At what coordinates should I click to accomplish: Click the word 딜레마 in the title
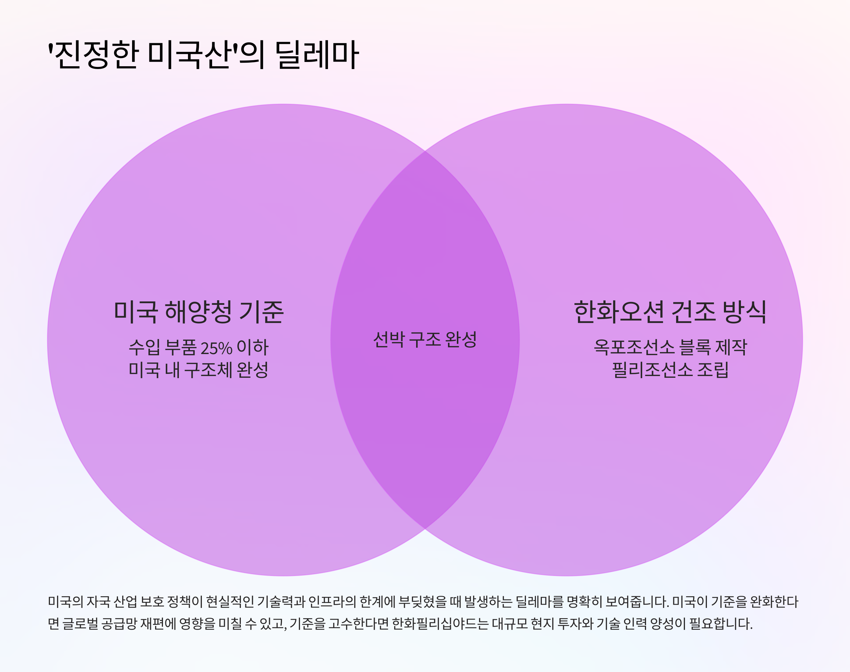click(317, 55)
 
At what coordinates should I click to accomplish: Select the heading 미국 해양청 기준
click(199, 312)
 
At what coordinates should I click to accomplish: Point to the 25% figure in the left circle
click(216, 348)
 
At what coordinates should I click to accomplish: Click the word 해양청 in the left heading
click(198, 312)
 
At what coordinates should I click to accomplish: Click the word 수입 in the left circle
click(144, 347)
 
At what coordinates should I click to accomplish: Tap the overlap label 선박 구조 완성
click(425, 340)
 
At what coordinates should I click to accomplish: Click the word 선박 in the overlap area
click(389, 340)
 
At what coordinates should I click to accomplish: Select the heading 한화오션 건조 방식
click(670, 312)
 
